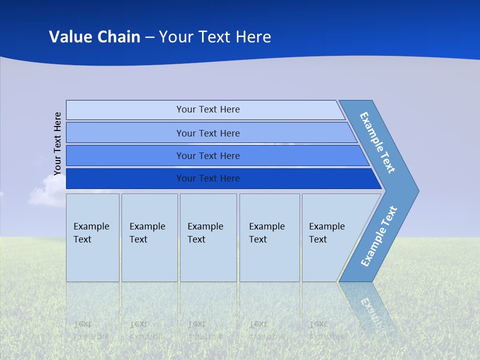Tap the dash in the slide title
[149, 37]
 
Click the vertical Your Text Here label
[57, 143]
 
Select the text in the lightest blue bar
[208, 109]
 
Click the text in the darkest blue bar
[208, 178]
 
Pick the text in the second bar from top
[208, 133]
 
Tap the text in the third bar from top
[208, 156]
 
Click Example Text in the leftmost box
[91, 233]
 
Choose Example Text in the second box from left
[147, 233]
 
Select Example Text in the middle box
[205, 233]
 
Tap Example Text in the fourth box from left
[266, 233]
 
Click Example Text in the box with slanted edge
[326, 233]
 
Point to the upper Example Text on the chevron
[377, 142]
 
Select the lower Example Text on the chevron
[379, 236]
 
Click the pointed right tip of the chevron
[416, 190]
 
